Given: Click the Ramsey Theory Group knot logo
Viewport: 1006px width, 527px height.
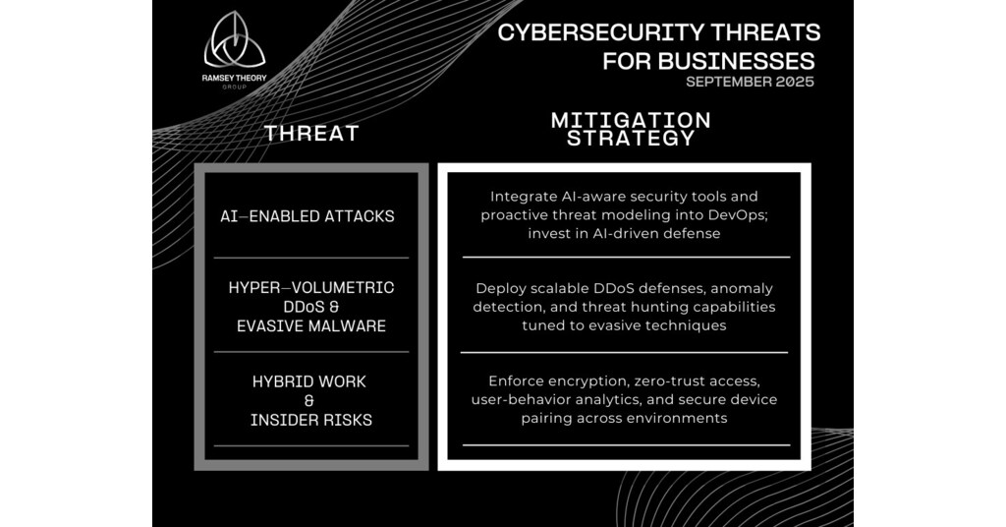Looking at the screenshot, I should click(234, 41).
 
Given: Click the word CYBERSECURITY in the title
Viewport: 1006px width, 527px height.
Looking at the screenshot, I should click(587, 31).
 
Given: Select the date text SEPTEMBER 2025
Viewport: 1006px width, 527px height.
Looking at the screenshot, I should click(750, 83).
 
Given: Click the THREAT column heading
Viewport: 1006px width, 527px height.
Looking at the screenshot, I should click(311, 133).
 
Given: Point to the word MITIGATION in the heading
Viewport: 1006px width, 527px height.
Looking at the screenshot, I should click(630, 120).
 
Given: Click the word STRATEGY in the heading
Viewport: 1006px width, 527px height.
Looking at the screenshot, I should click(630, 139).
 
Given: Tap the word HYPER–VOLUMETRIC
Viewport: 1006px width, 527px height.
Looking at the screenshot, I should click(311, 287).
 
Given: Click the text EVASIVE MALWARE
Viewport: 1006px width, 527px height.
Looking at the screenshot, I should click(311, 325).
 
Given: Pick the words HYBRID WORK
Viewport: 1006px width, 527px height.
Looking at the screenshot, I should click(308, 381).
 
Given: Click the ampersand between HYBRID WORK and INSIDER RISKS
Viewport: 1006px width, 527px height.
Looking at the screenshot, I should click(308, 401).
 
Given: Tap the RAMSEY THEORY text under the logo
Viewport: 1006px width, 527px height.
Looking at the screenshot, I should click(234, 78).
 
